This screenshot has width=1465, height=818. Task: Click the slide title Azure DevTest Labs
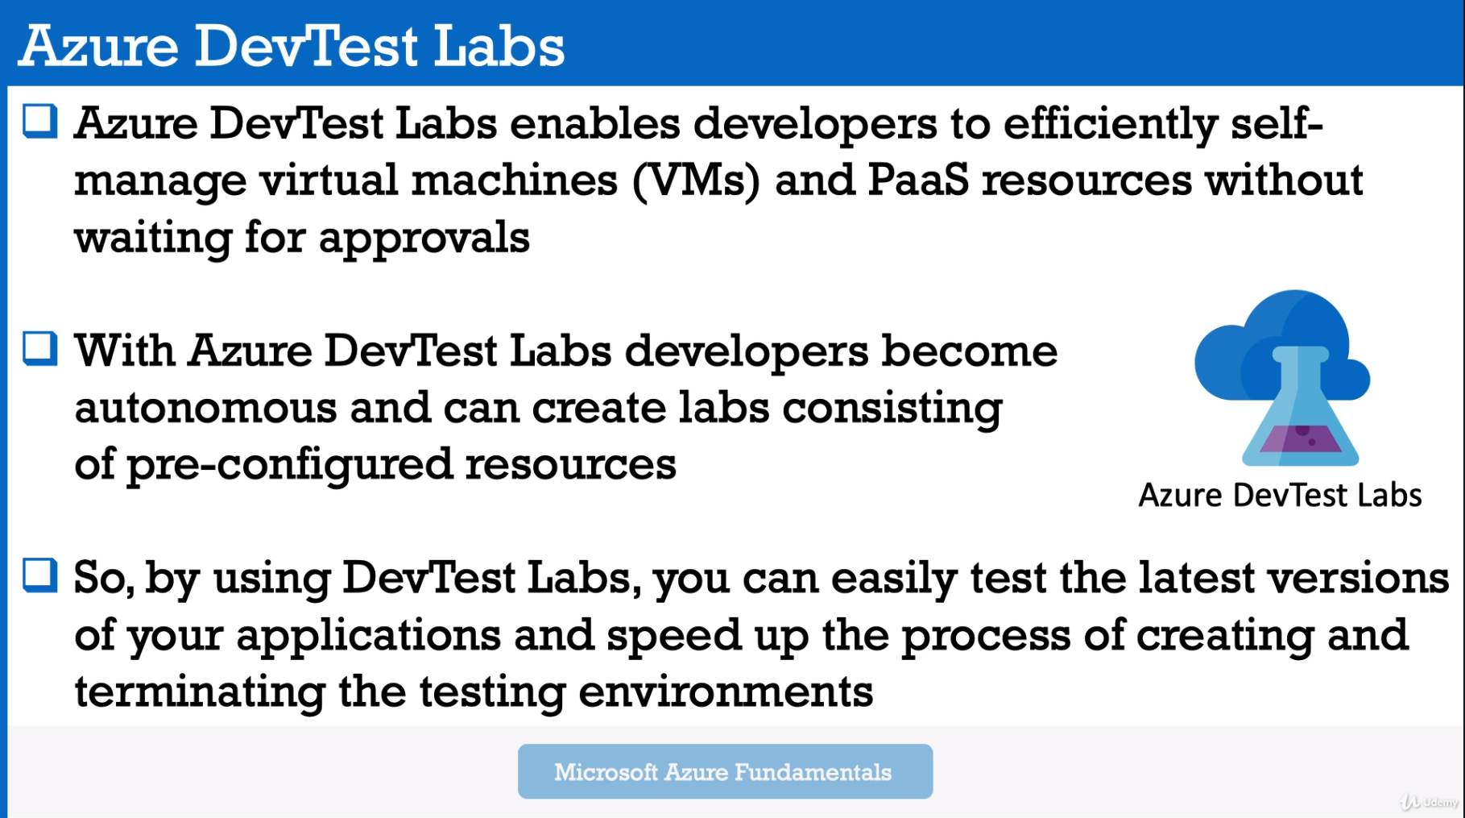[x=292, y=45]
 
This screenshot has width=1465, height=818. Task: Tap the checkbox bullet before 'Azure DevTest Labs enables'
[x=40, y=122]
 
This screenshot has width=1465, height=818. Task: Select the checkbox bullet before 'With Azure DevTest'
[x=40, y=349]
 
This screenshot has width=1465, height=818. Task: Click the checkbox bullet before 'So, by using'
[x=40, y=575]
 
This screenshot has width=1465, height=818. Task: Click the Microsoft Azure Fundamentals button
[x=725, y=771]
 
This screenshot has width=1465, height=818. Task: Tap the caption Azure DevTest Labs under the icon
[x=1280, y=495]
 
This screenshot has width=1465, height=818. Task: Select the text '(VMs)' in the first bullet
[x=697, y=181]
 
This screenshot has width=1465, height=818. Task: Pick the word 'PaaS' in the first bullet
[x=918, y=179]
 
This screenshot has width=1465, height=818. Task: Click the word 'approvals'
[x=424, y=239]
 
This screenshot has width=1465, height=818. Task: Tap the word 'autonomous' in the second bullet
[x=205, y=408]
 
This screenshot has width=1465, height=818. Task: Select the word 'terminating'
[x=200, y=692]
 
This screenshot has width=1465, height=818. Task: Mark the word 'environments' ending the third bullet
[x=726, y=692]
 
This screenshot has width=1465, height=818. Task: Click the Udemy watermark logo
[x=1429, y=802]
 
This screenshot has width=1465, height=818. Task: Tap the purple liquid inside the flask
[x=1300, y=438]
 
